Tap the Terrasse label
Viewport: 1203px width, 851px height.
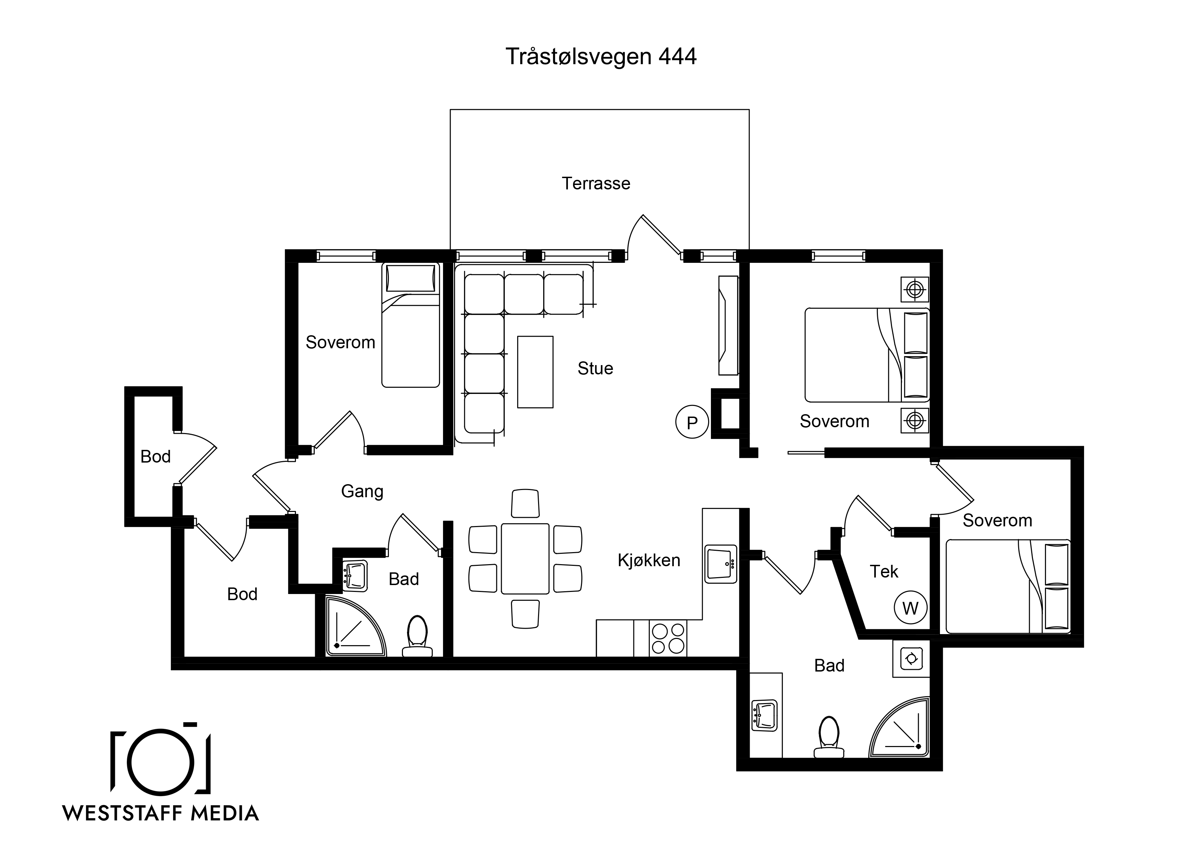pos(596,184)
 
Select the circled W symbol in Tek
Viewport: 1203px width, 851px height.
pos(910,608)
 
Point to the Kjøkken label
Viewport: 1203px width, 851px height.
pos(649,560)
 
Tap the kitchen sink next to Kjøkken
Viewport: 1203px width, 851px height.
pos(721,564)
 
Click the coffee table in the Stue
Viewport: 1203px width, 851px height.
pos(535,372)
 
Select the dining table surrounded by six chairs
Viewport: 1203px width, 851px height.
pos(525,558)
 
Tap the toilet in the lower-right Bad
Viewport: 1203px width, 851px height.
pos(829,737)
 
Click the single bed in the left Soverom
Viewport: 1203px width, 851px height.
pos(410,325)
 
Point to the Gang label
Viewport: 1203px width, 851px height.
pos(362,492)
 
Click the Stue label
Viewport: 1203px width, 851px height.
pos(595,369)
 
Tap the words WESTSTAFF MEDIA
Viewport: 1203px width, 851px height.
pos(161,813)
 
